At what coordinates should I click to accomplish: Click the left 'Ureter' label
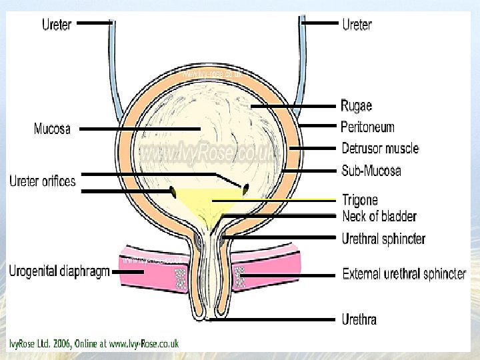click(x=57, y=25)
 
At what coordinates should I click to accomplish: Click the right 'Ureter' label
click(x=357, y=25)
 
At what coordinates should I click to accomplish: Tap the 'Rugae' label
click(x=356, y=106)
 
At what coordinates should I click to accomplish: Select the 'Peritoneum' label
click(x=367, y=127)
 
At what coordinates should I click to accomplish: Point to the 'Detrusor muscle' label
click(x=380, y=148)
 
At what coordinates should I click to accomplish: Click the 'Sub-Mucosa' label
click(x=371, y=171)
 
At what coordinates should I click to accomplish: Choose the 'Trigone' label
click(x=359, y=199)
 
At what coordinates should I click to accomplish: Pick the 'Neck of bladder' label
click(x=379, y=216)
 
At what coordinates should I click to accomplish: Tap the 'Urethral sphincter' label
click(x=383, y=238)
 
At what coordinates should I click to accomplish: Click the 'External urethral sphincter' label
click(x=404, y=274)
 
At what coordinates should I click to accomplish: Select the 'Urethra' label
click(x=359, y=319)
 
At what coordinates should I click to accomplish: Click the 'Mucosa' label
click(x=52, y=128)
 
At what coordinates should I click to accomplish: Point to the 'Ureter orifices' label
click(x=43, y=181)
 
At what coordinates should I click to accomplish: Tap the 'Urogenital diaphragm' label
click(x=59, y=272)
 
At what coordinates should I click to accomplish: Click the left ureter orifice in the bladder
click(x=173, y=192)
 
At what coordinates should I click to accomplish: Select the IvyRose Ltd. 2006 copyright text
click(x=94, y=344)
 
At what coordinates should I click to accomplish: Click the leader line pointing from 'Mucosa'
click(x=140, y=128)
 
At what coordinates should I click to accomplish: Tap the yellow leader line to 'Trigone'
click(x=273, y=199)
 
